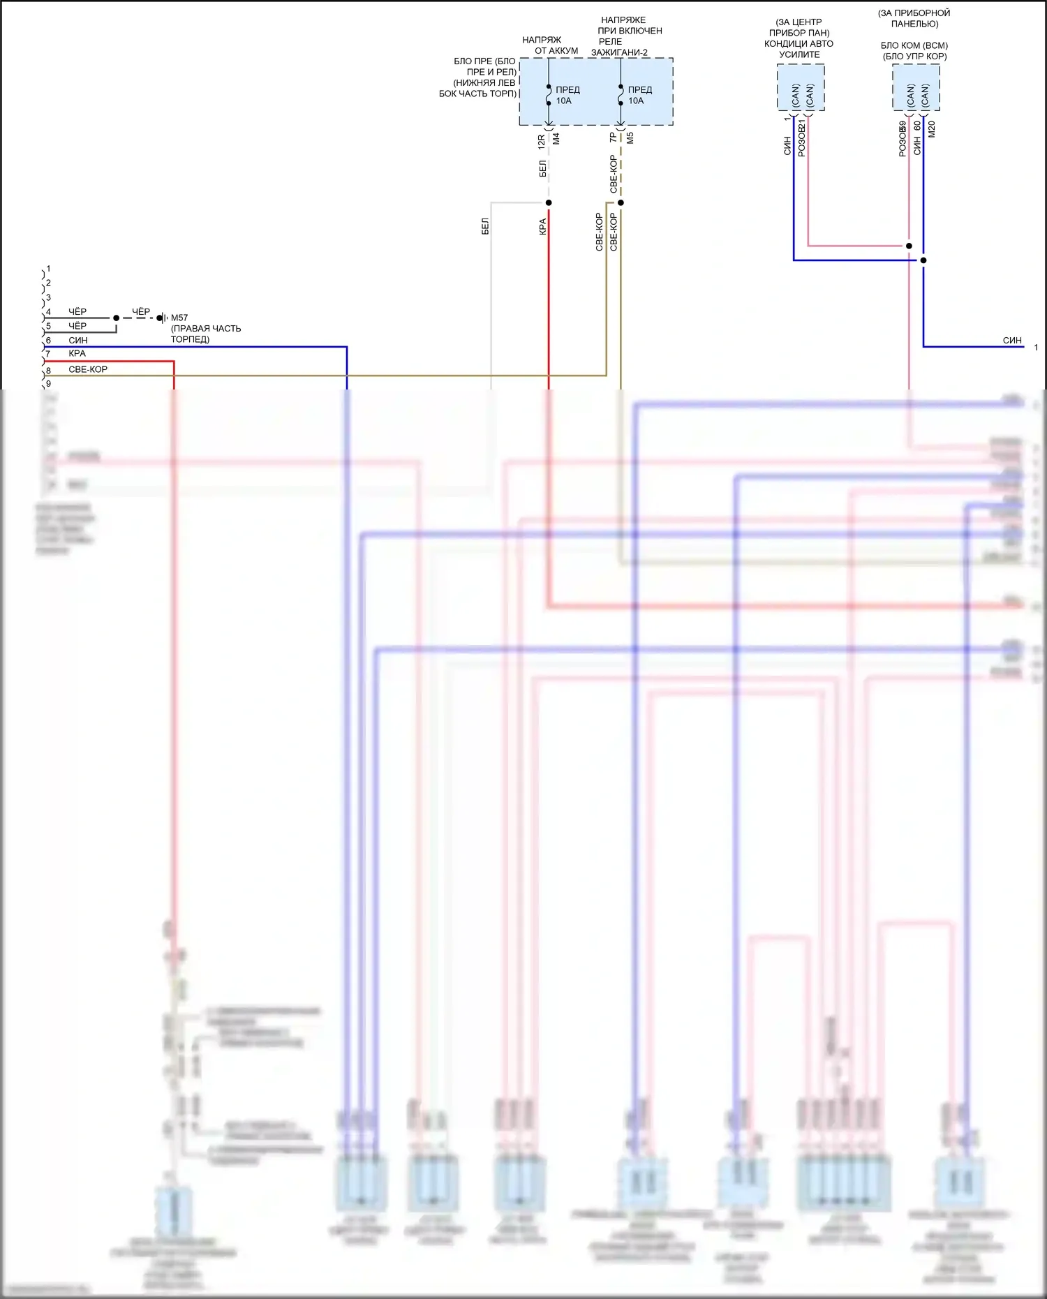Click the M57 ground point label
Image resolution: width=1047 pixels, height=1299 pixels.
pyautogui.click(x=179, y=318)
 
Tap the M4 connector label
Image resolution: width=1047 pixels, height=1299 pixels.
pyautogui.click(x=556, y=139)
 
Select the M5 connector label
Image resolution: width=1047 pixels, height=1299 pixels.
pyautogui.click(x=630, y=138)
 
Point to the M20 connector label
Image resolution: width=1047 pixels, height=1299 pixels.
pyautogui.click(x=931, y=129)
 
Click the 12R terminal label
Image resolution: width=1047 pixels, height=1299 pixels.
pyautogui.click(x=542, y=142)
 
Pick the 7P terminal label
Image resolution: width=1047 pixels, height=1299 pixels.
pyautogui.click(x=614, y=138)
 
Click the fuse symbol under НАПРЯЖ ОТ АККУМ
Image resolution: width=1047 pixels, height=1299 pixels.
pyautogui.click(x=549, y=96)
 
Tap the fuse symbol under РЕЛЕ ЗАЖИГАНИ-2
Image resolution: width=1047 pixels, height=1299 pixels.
pyautogui.click(x=621, y=96)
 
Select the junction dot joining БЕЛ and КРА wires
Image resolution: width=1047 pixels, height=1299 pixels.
pyautogui.click(x=549, y=203)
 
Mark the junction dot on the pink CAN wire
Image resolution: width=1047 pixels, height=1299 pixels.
pyautogui.click(x=909, y=246)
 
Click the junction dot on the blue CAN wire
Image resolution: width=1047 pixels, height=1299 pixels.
pyautogui.click(x=923, y=260)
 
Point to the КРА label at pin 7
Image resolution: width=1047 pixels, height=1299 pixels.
pyautogui.click(x=77, y=354)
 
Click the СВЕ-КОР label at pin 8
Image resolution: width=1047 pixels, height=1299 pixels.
pyautogui.click(x=88, y=369)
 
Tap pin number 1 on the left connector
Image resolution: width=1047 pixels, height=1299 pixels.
pyautogui.click(x=48, y=269)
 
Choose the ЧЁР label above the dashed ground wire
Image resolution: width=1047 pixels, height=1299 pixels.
pyautogui.click(x=141, y=311)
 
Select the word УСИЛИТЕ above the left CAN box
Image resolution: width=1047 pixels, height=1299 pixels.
pyautogui.click(x=799, y=54)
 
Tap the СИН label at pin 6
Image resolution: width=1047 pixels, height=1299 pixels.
pyautogui.click(x=78, y=340)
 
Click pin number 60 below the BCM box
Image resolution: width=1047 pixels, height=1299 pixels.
pyautogui.click(x=917, y=126)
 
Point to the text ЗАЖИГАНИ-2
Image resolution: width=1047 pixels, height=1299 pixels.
pyautogui.click(x=619, y=52)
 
